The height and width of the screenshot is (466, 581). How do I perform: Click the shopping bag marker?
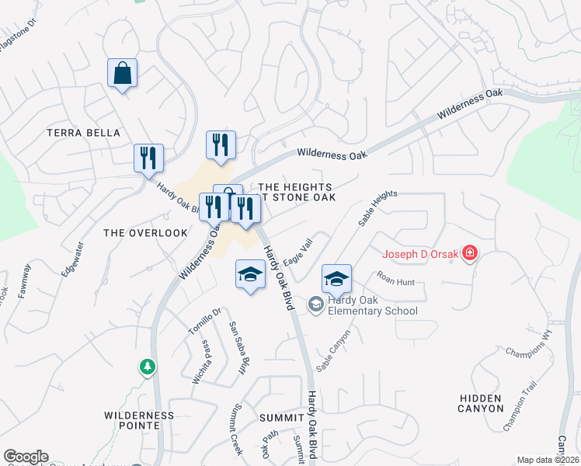pos(123,74)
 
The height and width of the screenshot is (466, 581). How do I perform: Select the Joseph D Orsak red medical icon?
pos(468,253)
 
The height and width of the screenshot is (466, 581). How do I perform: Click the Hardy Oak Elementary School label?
pos(373,305)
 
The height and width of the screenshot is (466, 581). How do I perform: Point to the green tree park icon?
pos(147,366)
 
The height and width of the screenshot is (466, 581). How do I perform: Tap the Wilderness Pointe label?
pos(139,421)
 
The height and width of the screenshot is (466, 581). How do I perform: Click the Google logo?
pos(26,457)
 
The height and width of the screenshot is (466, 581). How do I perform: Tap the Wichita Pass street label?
pos(201,362)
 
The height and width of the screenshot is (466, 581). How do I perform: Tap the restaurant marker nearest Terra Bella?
pos(148,158)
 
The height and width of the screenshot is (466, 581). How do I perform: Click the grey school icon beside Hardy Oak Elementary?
pos(316,304)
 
